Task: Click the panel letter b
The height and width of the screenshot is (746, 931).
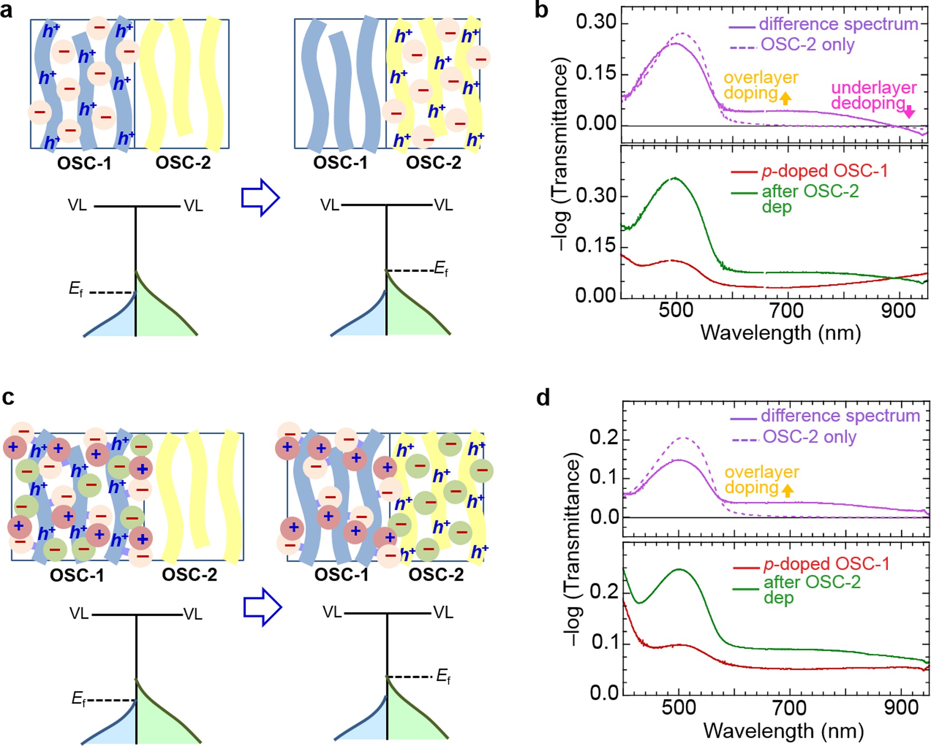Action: pos(541,10)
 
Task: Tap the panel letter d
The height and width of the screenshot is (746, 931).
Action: pos(544,398)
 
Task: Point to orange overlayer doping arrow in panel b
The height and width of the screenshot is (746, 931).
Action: pos(785,97)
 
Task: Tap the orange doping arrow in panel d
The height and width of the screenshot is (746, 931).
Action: pos(787,490)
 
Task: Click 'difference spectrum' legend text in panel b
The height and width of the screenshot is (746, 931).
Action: pos(838,24)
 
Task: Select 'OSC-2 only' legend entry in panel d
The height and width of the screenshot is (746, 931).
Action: pos(810,437)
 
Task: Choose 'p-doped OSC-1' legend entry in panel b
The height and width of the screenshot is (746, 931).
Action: pos(825,171)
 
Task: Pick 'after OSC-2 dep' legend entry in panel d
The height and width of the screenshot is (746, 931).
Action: pos(811,589)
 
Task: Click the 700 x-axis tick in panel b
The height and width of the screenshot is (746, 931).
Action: pos(786,310)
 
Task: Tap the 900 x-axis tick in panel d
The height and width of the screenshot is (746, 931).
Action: pos(901,707)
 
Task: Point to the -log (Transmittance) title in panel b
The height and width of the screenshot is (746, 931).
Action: pos(560,155)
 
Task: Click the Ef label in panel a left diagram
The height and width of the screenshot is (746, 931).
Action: pos(76,290)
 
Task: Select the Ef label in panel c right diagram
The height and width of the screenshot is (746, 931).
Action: pos(443,676)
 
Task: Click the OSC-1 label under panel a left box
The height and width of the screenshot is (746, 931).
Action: pos(84,163)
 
